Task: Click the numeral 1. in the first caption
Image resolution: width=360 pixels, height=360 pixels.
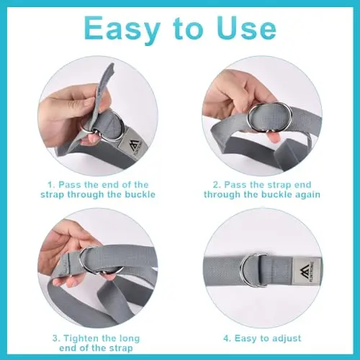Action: coord(52,185)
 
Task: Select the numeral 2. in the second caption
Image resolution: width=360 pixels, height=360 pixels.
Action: coord(217,185)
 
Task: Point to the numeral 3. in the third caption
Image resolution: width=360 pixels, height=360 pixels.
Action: coord(56,338)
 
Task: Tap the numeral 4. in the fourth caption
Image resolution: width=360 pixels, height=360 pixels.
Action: coord(227,338)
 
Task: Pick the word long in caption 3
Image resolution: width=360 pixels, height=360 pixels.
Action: coord(129,339)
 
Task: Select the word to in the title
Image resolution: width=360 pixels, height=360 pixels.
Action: coord(188,30)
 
